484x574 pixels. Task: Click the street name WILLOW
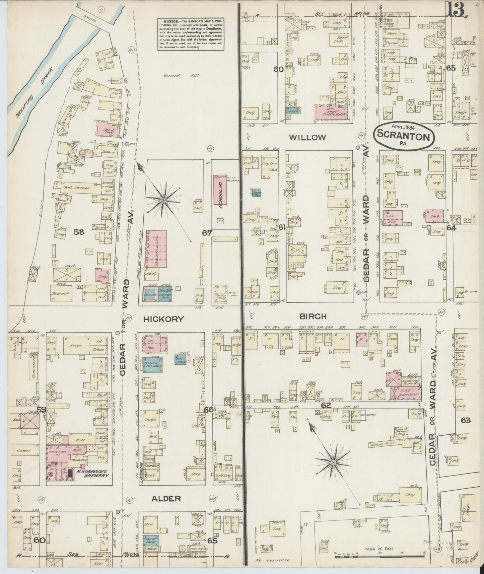click(x=307, y=137)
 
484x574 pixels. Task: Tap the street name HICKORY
click(x=163, y=319)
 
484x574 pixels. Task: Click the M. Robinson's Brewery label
click(x=91, y=473)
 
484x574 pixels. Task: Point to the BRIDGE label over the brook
click(x=90, y=20)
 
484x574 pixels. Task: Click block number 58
click(x=79, y=232)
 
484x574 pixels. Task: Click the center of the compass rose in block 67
click(x=164, y=200)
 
